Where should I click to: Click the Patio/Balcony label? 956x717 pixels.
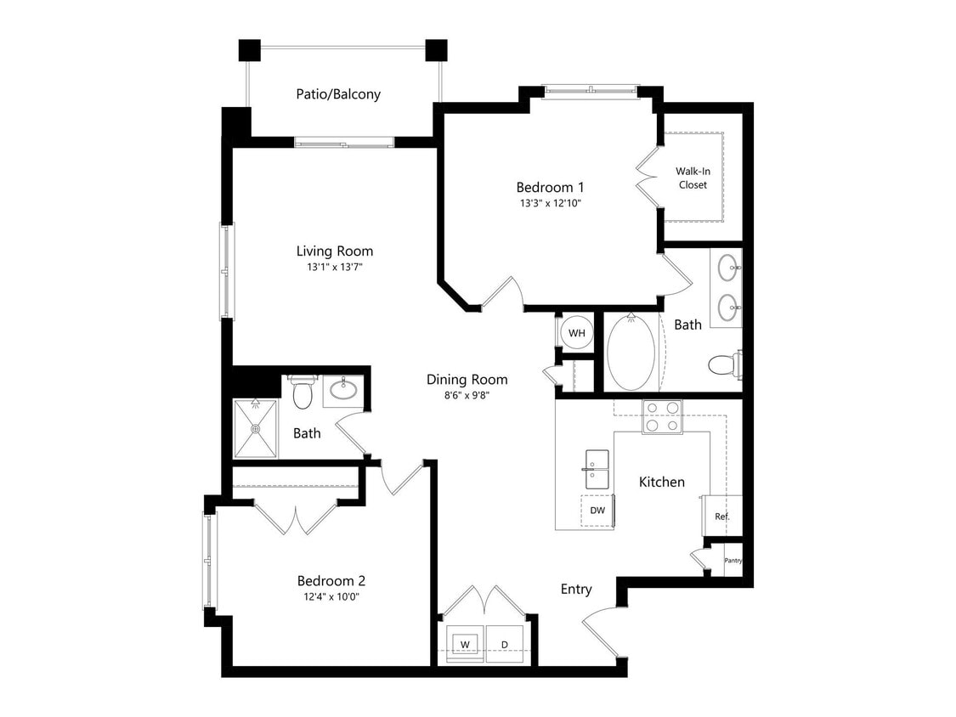[338, 94]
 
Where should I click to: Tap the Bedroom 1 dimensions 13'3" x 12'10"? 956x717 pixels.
[551, 204]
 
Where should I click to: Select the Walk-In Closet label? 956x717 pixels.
[693, 178]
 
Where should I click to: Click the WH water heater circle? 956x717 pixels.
[577, 333]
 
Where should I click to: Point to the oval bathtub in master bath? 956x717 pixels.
[631, 354]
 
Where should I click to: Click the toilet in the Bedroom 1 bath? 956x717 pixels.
[723, 365]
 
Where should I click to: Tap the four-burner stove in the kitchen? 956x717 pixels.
[662, 417]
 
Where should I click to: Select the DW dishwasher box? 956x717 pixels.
[597, 511]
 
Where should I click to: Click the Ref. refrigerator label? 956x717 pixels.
[722, 517]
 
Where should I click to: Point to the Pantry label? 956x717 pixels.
[733, 561]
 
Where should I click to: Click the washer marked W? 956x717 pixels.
[465, 644]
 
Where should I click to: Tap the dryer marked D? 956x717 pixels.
[505, 644]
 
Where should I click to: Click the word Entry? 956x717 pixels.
[576, 590]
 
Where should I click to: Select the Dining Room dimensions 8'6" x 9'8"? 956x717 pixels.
[467, 395]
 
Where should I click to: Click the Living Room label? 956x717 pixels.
[335, 251]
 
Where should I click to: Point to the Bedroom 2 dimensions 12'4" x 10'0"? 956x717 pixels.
[331, 597]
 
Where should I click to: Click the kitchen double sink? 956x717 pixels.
[597, 470]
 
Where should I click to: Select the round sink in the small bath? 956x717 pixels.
[342, 391]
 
